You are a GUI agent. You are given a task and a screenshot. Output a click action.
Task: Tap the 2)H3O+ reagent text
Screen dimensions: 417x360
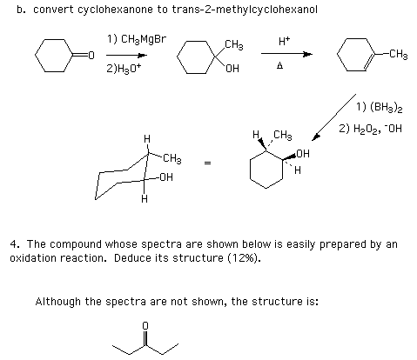click(124, 69)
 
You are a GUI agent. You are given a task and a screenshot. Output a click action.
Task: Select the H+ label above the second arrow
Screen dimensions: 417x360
click(285, 41)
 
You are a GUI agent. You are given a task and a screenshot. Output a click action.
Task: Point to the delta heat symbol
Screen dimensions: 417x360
click(279, 66)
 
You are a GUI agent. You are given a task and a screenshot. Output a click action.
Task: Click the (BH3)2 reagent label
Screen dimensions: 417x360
click(387, 107)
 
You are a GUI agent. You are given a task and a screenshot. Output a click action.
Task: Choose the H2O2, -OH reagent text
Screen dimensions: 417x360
click(378, 129)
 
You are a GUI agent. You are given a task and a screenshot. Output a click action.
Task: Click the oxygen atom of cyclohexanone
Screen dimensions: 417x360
click(91, 55)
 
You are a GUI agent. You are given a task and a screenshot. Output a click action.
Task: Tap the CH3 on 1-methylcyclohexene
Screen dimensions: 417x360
click(399, 55)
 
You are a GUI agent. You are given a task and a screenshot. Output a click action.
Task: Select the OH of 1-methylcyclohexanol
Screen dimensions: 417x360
click(232, 69)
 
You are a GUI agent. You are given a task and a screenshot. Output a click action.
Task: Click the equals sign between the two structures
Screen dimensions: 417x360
click(207, 163)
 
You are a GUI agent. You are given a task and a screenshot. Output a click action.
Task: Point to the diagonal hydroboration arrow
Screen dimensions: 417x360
click(333, 117)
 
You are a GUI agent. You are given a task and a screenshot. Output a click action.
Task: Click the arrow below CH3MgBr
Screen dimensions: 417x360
click(126, 55)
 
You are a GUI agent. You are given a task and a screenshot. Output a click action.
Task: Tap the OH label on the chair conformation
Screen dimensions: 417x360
click(166, 177)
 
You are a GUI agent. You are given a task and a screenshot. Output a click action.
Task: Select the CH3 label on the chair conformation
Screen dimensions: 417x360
click(172, 158)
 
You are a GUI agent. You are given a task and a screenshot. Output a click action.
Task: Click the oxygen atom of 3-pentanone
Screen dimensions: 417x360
click(145, 326)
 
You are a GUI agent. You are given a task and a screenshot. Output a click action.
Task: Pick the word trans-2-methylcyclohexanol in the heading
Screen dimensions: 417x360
click(245, 10)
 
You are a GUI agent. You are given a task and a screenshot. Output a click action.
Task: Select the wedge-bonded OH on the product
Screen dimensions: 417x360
click(303, 153)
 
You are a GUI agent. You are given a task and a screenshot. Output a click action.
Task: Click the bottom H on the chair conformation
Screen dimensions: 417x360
click(145, 199)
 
